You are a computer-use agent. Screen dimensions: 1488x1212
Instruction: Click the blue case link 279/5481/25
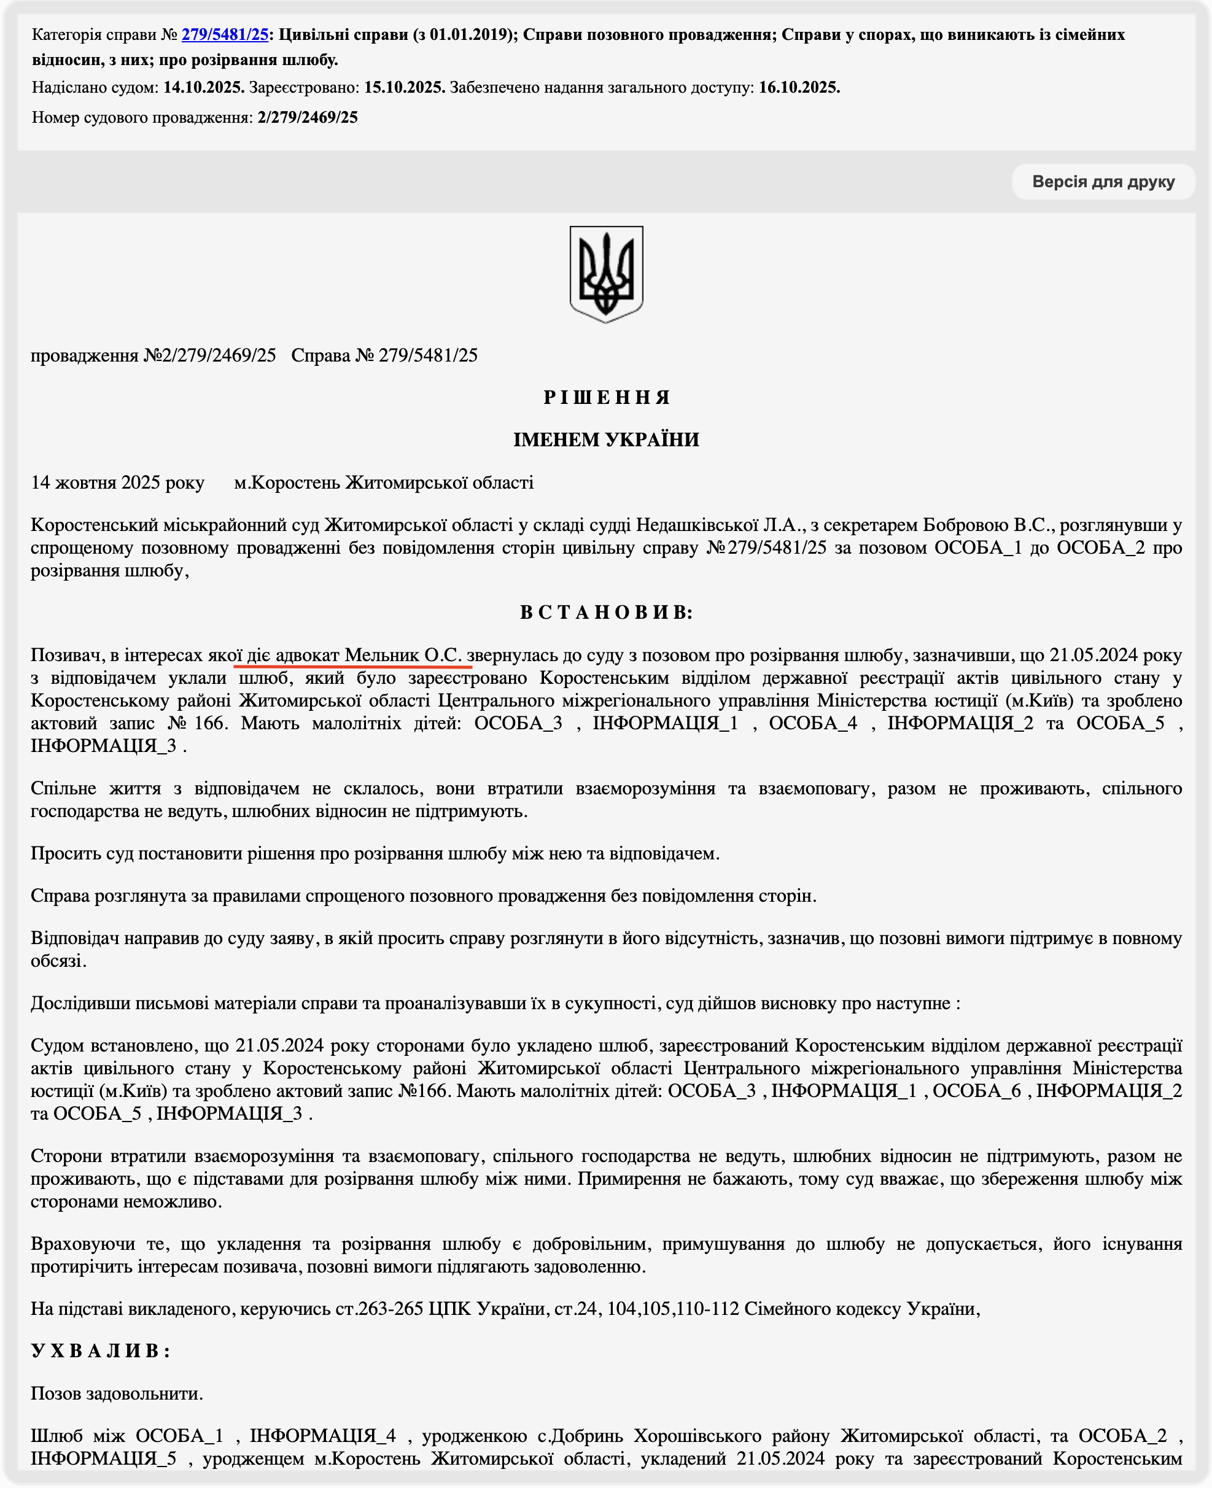point(225,34)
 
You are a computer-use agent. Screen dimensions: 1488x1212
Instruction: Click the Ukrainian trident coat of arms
point(606,274)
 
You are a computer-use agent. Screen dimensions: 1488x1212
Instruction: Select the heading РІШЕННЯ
point(606,397)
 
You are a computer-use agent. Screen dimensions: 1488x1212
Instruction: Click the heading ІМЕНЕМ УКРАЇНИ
point(606,439)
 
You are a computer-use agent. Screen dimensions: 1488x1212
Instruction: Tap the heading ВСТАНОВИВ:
point(606,612)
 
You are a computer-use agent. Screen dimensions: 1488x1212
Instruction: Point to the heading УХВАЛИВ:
point(101,1350)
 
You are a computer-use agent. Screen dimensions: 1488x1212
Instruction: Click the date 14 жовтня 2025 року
point(117,482)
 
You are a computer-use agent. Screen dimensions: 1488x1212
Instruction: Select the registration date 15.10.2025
point(404,87)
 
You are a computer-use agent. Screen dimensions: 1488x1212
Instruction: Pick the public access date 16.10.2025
point(799,87)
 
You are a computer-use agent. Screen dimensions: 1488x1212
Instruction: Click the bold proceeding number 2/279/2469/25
point(307,117)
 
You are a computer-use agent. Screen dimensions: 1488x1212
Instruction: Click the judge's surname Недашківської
point(697,524)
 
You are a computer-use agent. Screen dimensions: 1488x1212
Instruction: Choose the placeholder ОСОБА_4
point(813,723)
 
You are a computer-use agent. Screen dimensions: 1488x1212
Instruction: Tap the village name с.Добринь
point(580,1436)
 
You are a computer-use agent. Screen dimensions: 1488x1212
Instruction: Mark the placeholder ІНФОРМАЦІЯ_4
point(322,1436)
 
